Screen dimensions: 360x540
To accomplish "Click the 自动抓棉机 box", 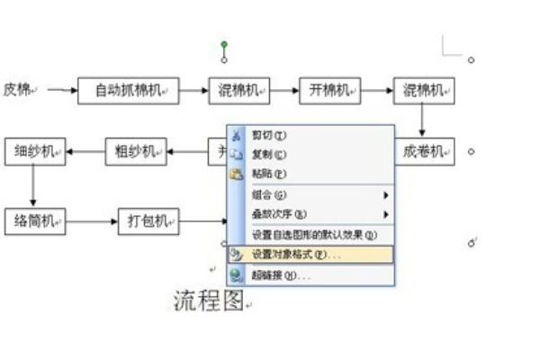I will tap(128, 90).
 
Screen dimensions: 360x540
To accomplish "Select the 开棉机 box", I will tap(330, 90).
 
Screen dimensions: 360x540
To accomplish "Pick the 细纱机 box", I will tap(34, 151).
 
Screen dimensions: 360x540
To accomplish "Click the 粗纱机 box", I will tap(136, 151).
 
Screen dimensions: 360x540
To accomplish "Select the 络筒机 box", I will tap(34, 220).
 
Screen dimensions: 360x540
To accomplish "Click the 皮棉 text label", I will tap(19, 89).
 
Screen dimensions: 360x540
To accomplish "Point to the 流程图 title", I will tap(208, 301).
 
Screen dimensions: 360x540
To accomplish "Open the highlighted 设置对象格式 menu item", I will tap(296, 255).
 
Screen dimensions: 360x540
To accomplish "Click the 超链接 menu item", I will tap(280, 275).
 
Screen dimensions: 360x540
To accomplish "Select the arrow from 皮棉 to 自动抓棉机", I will tap(61, 90).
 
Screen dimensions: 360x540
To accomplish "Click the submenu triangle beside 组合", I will tap(386, 194).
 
